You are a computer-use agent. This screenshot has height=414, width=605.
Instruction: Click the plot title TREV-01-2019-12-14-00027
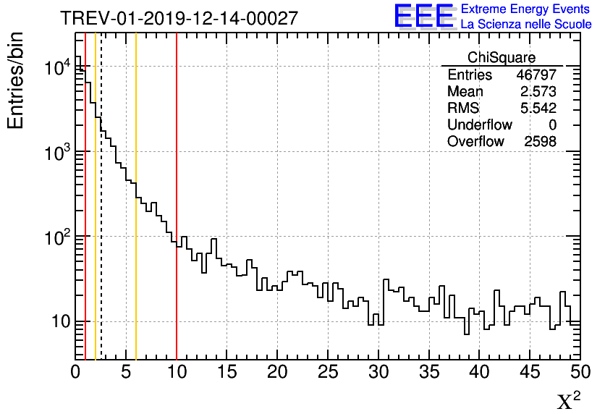(x=179, y=19)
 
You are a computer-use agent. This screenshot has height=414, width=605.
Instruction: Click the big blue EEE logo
(x=423, y=16)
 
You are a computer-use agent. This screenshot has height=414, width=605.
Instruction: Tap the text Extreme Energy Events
(x=525, y=9)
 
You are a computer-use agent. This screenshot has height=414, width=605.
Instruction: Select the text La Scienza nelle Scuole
(x=525, y=25)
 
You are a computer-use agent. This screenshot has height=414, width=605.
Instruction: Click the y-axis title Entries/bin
(x=16, y=81)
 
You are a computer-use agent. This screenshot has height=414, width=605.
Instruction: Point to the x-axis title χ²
(x=568, y=401)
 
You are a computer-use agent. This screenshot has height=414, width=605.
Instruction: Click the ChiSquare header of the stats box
(x=502, y=58)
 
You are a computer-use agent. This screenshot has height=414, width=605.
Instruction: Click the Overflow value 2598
(x=540, y=141)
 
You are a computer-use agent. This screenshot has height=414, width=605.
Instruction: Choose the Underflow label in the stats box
(x=479, y=124)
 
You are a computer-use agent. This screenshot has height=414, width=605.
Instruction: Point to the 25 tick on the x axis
(x=329, y=373)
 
